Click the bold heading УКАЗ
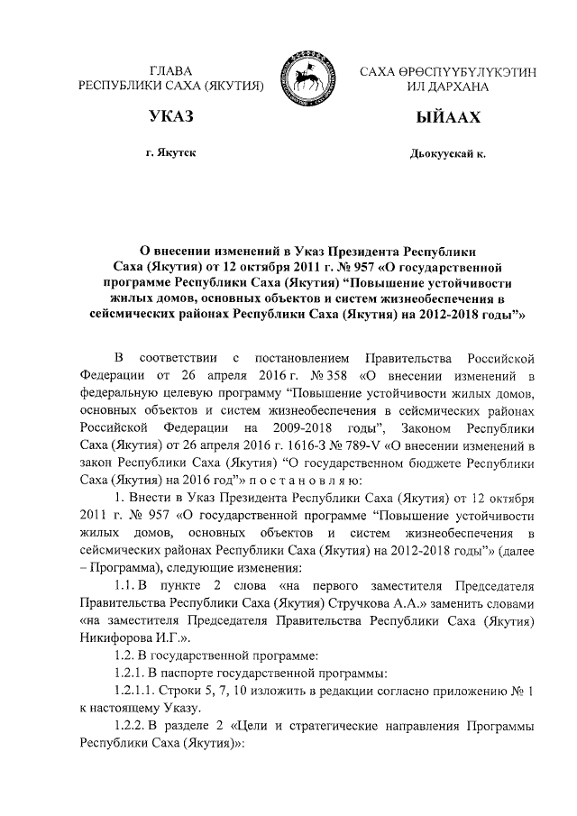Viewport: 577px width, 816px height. coord(172,119)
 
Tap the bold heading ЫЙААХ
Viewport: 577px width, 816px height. coord(447,119)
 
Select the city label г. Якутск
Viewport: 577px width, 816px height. coord(171,153)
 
